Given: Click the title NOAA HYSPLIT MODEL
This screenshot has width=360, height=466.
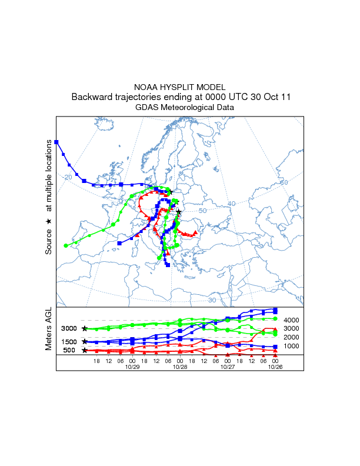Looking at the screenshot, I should pyautogui.click(x=180, y=87).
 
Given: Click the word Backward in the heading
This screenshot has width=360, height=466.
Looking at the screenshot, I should pyautogui.click(x=92, y=97).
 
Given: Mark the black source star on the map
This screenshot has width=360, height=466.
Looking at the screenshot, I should pyautogui.click(x=179, y=212).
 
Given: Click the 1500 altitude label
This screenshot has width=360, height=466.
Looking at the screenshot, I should pyautogui.click(x=69, y=341).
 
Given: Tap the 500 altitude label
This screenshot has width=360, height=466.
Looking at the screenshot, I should pyautogui.click(x=69, y=350).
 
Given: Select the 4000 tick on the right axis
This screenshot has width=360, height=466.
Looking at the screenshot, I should pyautogui.click(x=292, y=320).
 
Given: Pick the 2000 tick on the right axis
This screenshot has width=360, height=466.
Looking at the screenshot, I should pyautogui.click(x=292, y=337).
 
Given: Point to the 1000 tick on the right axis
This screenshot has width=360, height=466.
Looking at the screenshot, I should pyautogui.click(x=292, y=346).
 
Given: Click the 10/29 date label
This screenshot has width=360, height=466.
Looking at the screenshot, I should pyautogui.click(x=132, y=367).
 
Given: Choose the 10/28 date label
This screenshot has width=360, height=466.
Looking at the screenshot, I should pyautogui.click(x=180, y=367).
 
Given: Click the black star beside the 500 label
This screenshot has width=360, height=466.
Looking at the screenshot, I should pyautogui.click(x=85, y=350).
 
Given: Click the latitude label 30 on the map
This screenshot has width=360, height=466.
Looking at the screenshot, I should pyautogui.click(x=212, y=300).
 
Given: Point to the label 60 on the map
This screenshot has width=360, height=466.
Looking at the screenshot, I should pyautogui.click(x=284, y=182).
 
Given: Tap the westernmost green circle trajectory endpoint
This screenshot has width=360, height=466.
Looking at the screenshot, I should pyautogui.click(x=65, y=245).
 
